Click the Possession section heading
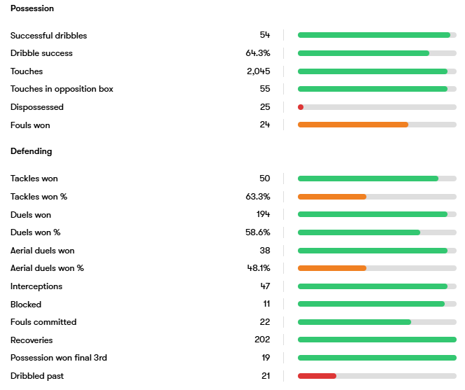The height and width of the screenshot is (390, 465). point(32,8)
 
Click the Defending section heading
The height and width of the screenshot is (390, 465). point(31,151)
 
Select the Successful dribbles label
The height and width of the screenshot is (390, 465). point(49,35)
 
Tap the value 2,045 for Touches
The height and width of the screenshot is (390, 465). point(258,71)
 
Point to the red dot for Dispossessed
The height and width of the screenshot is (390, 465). point(301,107)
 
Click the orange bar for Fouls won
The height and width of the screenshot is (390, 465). point(352,125)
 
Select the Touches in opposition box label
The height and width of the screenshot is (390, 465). point(62,89)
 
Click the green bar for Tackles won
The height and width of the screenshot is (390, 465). point(368,179)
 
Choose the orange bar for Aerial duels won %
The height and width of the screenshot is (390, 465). point(332,268)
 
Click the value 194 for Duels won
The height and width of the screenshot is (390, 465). point(263,215)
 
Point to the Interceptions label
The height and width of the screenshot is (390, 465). point(36,286)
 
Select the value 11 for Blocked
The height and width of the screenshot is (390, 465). point(266,305)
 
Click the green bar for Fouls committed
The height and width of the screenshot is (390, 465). point(355,322)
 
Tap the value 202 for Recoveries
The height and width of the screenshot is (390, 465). point(262,340)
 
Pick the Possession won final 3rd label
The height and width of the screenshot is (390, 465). point(59,358)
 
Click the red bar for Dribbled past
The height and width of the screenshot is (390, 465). point(317,376)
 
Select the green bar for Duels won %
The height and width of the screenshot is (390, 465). point(359,232)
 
